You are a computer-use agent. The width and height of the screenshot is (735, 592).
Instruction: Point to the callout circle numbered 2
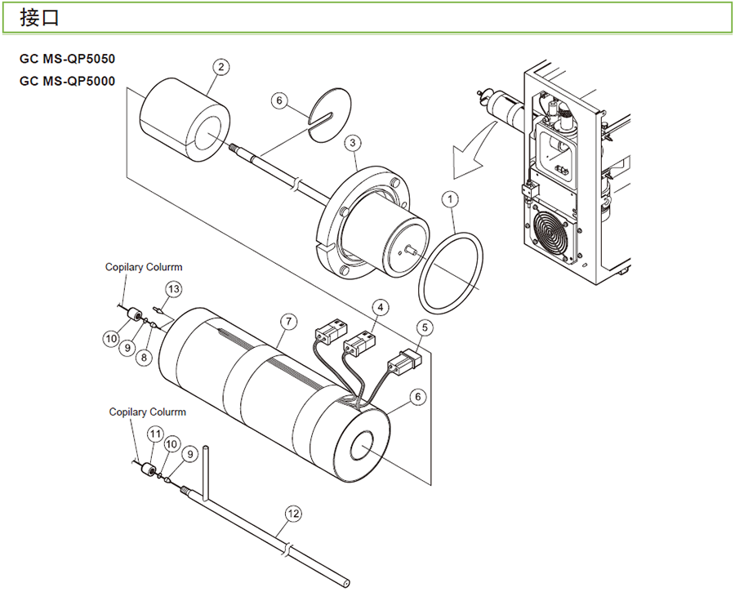[x=220, y=68]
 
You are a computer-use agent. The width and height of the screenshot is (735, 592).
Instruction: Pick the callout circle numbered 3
[x=353, y=144]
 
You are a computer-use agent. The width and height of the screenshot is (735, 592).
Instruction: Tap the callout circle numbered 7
[x=287, y=321]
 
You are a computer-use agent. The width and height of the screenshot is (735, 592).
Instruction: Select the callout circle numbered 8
[x=144, y=356]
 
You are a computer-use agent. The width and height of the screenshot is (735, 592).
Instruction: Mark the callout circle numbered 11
[x=154, y=433]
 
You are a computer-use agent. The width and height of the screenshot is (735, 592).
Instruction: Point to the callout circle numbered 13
[x=173, y=289]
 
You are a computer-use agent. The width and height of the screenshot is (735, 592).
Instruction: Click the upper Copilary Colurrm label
[x=144, y=267]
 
